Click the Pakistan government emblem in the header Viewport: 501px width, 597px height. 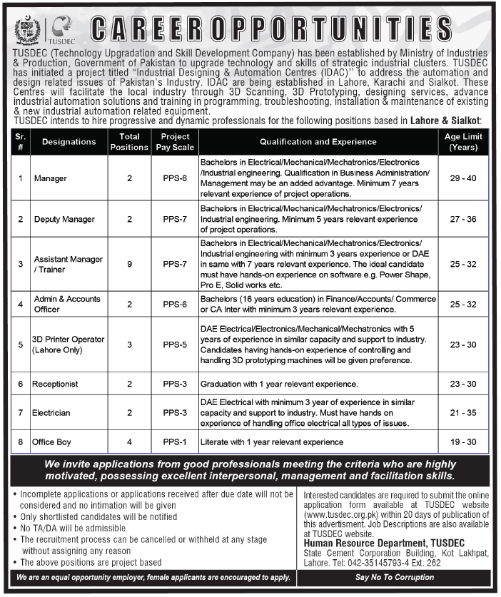28,30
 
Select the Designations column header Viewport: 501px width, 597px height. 69,142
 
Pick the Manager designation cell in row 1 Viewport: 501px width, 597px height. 49,178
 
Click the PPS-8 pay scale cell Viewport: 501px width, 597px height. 175,178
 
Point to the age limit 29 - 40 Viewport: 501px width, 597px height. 462,178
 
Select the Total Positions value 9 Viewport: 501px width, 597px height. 129,264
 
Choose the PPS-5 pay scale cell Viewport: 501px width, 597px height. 175,345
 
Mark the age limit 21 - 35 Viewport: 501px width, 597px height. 462,412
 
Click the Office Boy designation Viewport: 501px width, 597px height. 51,442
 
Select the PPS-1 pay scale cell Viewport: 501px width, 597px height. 175,442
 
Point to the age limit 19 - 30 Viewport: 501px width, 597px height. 462,442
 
